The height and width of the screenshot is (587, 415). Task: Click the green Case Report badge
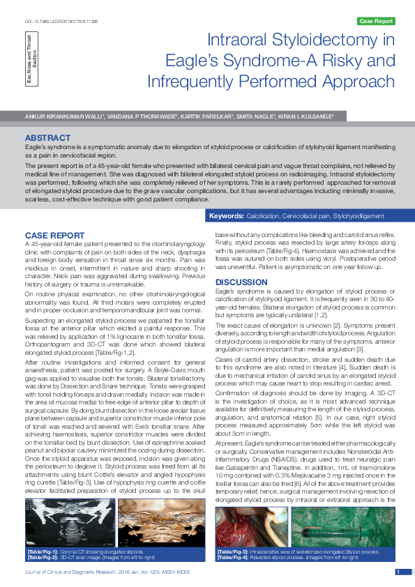(x=375, y=22)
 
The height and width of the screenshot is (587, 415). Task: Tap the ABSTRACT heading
(x=47, y=138)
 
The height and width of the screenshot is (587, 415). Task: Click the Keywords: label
(x=227, y=217)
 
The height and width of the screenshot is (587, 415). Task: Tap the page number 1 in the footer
(x=398, y=572)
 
